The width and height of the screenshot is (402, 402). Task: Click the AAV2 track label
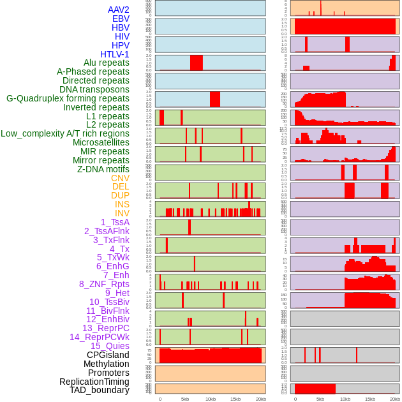118,10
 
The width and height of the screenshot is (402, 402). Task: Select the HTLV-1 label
114,54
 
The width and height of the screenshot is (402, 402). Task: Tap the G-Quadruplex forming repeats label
68,98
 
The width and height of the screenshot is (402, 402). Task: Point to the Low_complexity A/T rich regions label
65,133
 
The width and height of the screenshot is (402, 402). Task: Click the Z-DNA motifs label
103,169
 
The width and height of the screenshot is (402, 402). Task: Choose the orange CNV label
120,178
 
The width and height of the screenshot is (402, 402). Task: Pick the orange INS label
122,204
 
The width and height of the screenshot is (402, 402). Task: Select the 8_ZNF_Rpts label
104,284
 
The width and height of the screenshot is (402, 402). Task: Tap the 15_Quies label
110,346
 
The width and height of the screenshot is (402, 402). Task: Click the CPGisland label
108,355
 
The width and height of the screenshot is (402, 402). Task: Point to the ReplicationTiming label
94,382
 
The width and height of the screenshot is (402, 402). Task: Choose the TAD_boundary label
100,390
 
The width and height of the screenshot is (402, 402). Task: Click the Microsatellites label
101,142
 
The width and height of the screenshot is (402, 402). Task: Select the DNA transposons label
94,89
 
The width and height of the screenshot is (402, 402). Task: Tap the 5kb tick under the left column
185,399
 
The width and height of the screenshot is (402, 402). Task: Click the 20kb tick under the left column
260,399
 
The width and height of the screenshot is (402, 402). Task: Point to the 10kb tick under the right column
345,399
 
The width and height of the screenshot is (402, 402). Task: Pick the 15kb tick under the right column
370,399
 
